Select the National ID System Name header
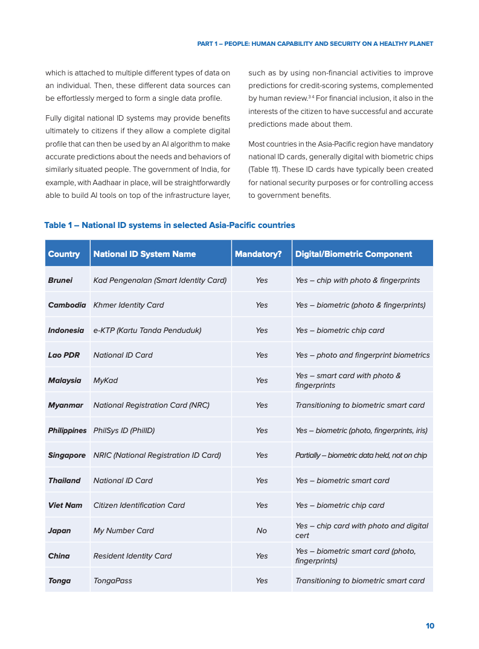coord(144,254)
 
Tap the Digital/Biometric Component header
coord(353,254)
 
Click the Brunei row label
coord(60,280)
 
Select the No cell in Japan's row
coord(261,531)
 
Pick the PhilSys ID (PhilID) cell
coord(124,431)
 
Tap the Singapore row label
coord(66,455)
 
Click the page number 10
coord(429,626)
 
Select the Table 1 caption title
coord(170,226)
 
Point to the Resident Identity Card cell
coord(132,556)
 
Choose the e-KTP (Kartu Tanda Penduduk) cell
coord(147,331)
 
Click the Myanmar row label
coord(65,405)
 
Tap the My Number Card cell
coord(123,531)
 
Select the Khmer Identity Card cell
coord(129,305)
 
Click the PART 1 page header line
coord(315,44)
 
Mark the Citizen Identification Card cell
coord(139,505)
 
